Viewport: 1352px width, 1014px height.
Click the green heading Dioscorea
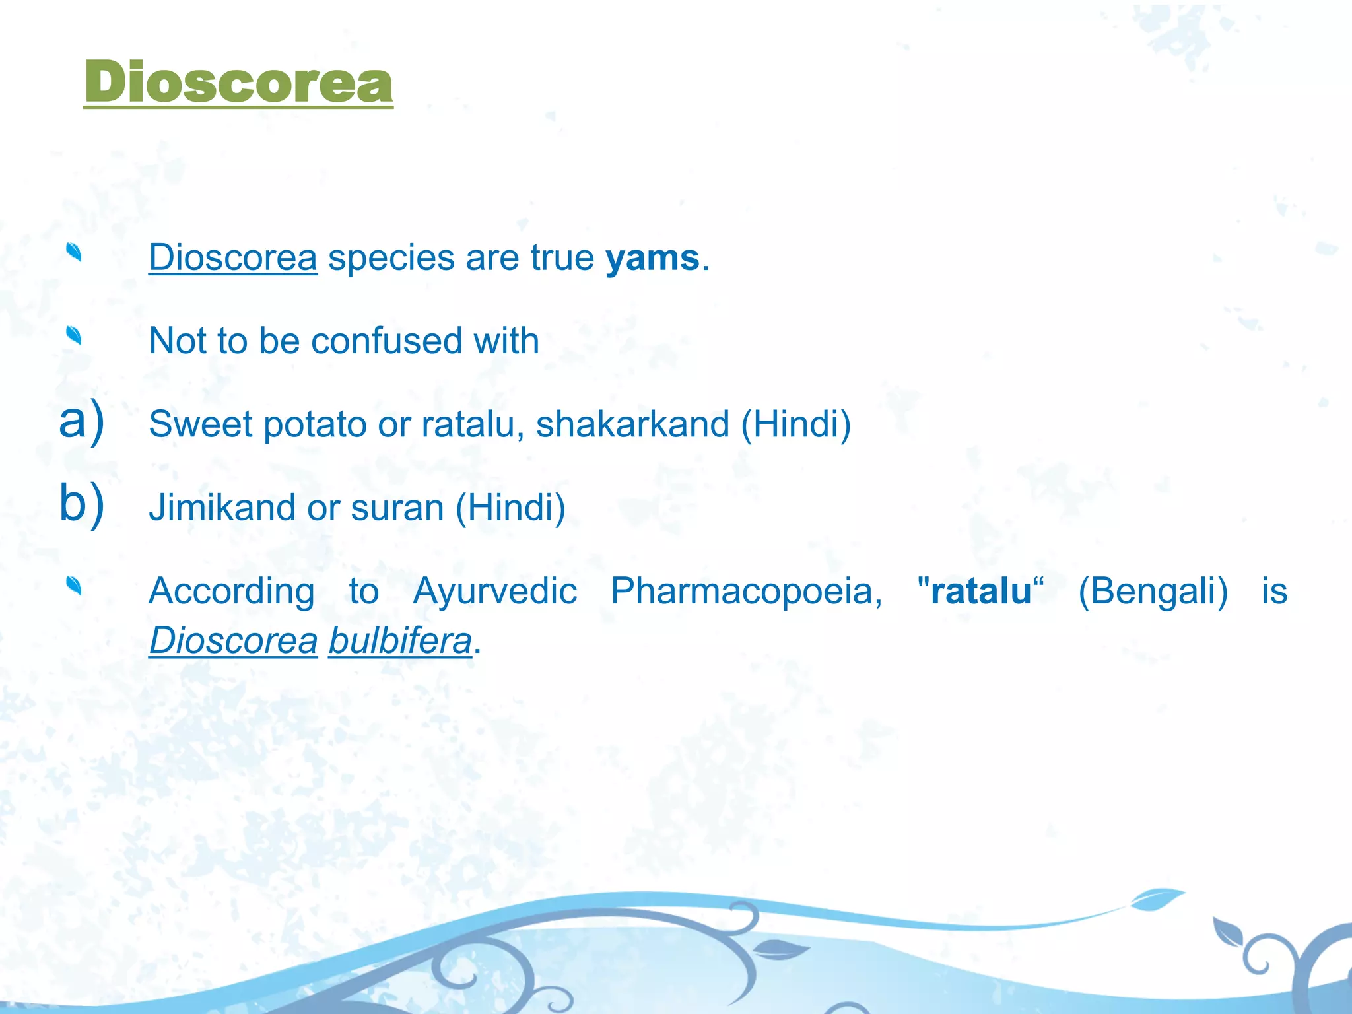(x=238, y=82)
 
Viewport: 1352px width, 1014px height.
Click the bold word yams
(x=652, y=257)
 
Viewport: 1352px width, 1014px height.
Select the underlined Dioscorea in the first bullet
(x=233, y=257)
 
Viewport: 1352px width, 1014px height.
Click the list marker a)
(x=81, y=421)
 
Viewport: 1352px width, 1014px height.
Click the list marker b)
(x=81, y=503)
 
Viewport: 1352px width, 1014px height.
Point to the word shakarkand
(x=632, y=424)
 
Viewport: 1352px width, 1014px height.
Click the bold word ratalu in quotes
(x=981, y=591)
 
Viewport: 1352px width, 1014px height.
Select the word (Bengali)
(x=1153, y=591)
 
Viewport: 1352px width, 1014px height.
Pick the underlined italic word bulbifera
(x=400, y=641)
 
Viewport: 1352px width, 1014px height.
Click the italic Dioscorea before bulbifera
(x=233, y=641)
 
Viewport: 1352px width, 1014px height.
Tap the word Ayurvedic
(x=495, y=591)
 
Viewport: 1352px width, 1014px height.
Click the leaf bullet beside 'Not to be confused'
(x=74, y=336)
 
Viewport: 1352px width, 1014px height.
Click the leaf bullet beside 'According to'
(x=74, y=586)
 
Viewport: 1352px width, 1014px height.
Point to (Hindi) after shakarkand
(x=796, y=424)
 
